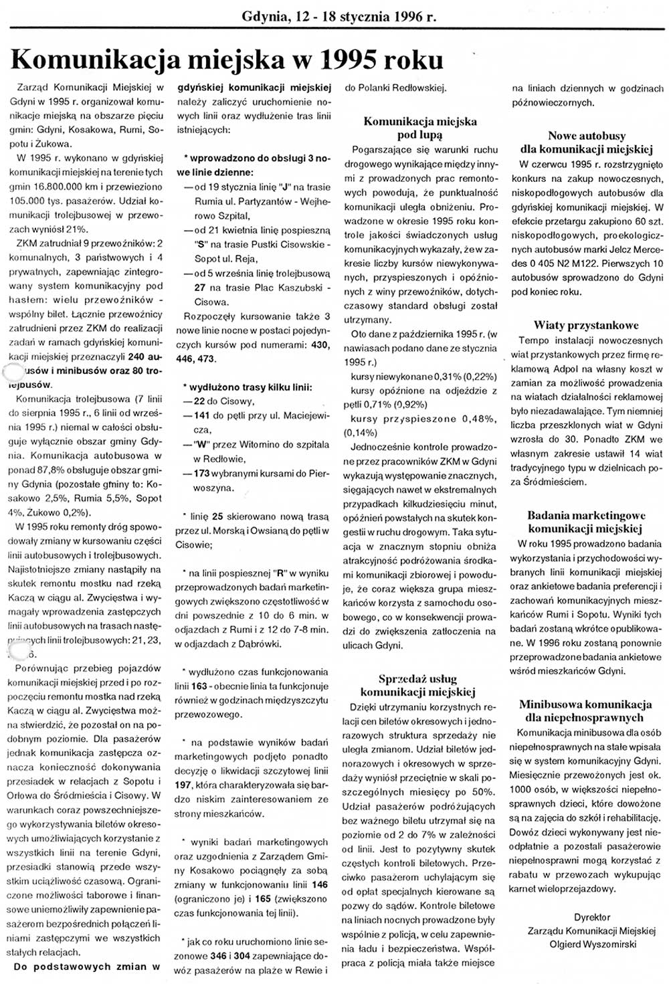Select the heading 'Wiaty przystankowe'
pos(585,325)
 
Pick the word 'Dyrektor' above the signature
pos(591,916)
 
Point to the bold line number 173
pos(202,473)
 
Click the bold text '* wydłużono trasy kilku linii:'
pos(247,387)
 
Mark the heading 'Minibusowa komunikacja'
pos(585,704)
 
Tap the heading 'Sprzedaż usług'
pos(417,678)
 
